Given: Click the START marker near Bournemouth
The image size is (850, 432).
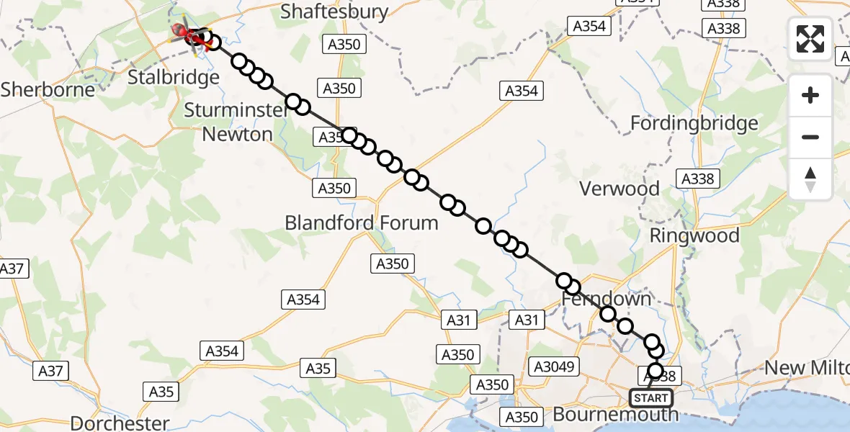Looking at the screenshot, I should coord(651,397).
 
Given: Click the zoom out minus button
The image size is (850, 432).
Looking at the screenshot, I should coord(810,137).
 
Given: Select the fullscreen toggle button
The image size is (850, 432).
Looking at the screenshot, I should coord(810,38).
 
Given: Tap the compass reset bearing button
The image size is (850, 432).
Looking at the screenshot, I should coord(810,179).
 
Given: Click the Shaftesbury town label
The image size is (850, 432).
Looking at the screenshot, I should coord(334,12).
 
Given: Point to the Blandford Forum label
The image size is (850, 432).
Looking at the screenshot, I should coord(362,223).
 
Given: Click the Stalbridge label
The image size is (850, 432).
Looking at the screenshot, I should coord(172,78).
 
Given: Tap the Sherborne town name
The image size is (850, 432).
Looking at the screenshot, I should coord(48,89).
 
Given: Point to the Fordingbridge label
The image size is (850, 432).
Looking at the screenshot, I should coord(694,123).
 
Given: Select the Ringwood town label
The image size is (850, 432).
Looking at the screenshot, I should coord(694,235).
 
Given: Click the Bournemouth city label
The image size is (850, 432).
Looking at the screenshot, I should coord(615,415).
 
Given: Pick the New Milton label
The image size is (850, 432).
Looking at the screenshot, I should coord(805,368).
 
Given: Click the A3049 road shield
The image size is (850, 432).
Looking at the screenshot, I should coord(554,366).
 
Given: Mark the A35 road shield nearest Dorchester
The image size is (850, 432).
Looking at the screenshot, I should coord(161,392).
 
